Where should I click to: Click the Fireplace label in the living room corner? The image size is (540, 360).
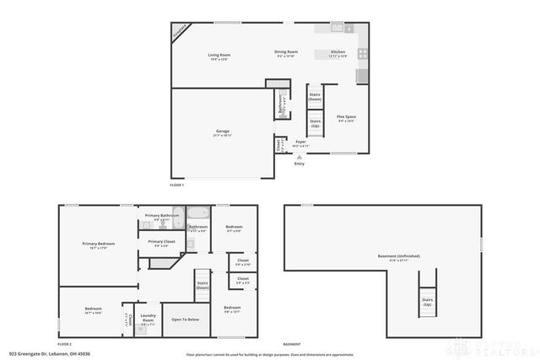click(x=180, y=31)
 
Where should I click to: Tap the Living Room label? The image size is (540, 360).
click(x=219, y=57)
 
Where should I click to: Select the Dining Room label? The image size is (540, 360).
click(x=286, y=54)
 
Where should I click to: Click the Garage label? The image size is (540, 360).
click(x=223, y=132)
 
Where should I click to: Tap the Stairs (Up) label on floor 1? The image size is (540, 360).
click(x=315, y=123)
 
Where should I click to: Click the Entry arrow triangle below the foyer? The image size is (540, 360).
click(x=299, y=157)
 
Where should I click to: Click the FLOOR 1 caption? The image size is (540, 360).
click(x=176, y=185)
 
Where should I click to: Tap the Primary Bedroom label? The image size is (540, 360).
click(x=99, y=245)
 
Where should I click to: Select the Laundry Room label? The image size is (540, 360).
click(x=148, y=319)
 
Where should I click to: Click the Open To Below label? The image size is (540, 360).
click(x=185, y=320)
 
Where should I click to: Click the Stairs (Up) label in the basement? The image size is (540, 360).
click(x=428, y=301)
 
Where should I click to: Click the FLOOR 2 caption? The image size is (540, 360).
click(x=64, y=344)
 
